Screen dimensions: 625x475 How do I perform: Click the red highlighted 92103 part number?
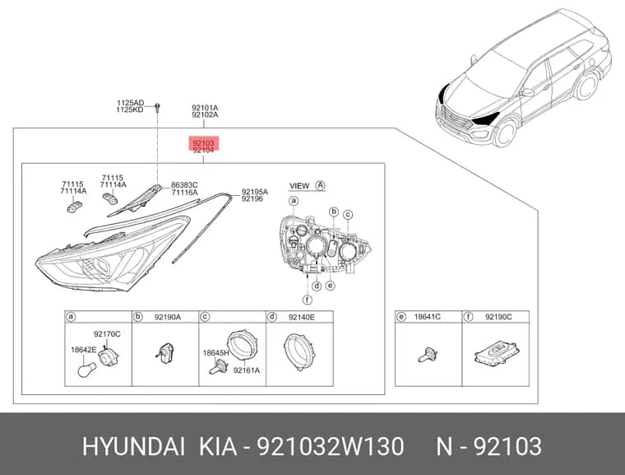click(x=204, y=142)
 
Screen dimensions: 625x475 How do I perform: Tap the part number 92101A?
click(x=205, y=108)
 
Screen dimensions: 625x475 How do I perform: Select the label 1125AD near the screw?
click(x=130, y=103)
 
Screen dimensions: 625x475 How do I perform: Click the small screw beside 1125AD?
click(x=157, y=106)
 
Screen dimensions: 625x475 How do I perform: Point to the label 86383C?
click(x=184, y=185)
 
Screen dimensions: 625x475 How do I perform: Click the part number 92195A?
click(x=255, y=192)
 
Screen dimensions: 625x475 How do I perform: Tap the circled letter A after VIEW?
click(x=321, y=185)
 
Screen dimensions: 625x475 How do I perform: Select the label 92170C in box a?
click(x=107, y=334)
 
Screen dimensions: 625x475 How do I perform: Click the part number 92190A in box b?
click(x=168, y=317)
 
